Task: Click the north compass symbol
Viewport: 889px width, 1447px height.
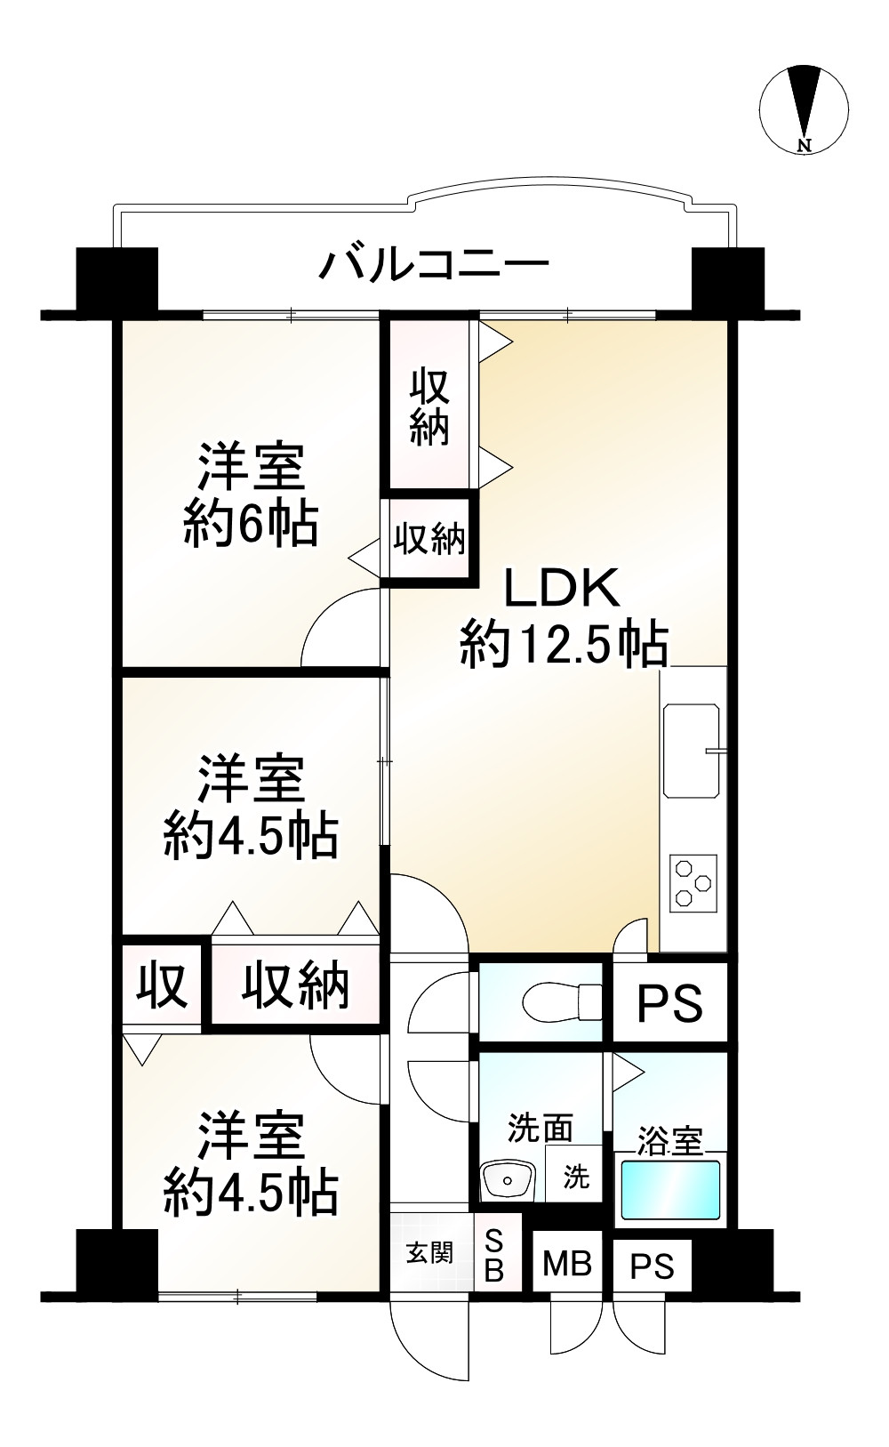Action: (804, 109)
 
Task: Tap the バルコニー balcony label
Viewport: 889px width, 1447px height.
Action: (436, 264)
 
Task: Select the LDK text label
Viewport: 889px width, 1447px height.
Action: (562, 588)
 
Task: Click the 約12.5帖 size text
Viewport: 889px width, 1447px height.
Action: (564, 645)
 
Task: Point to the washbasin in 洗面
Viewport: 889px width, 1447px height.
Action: (507, 1181)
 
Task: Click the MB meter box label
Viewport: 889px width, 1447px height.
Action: (567, 1263)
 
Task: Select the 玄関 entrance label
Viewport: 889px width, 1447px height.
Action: (429, 1253)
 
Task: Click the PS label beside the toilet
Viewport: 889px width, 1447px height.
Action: (669, 1003)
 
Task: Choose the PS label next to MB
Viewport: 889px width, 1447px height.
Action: (653, 1266)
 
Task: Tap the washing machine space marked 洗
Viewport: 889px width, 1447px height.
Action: (575, 1177)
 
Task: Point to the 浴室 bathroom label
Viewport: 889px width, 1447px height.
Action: (669, 1140)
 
